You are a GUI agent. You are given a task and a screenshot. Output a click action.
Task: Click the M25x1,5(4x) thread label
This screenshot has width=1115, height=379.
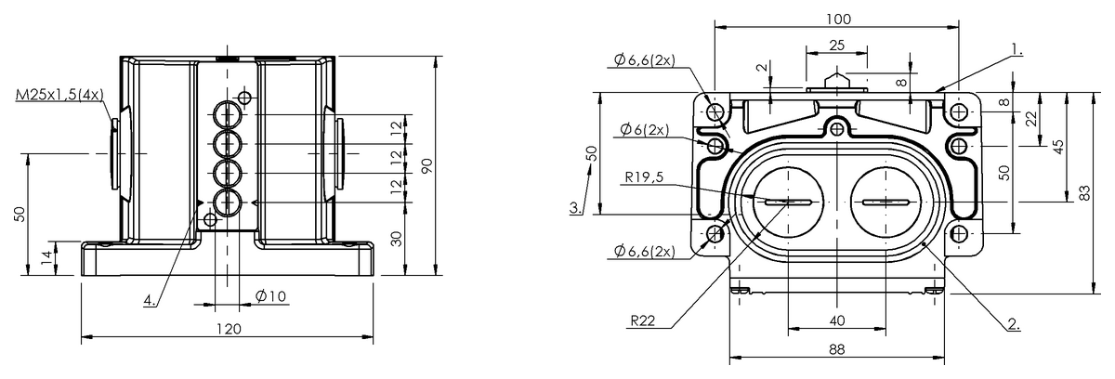(59, 94)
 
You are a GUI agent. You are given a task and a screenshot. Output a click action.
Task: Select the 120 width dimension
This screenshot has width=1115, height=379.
(229, 329)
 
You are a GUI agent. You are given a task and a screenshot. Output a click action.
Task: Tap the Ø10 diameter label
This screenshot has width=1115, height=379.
(270, 296)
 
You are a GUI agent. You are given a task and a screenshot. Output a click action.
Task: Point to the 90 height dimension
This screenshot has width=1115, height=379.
(427, 165)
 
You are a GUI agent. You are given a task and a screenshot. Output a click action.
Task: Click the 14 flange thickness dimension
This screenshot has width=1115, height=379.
(46, 257)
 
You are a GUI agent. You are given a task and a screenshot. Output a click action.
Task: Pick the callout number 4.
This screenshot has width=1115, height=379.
(150, 300)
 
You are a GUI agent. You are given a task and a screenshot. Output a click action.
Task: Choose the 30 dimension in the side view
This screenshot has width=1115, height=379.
(396, 240)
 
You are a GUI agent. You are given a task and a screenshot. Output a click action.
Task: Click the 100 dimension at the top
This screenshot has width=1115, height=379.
(839, 20)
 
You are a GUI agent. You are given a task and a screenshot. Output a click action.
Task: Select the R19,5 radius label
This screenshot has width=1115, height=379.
(644, 177)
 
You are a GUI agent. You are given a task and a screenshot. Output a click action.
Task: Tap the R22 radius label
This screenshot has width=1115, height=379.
(643, 320)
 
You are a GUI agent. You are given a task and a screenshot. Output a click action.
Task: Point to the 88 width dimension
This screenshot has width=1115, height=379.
(837, 349)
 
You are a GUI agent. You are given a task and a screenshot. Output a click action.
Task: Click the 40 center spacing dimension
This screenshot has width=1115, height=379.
(837, 320)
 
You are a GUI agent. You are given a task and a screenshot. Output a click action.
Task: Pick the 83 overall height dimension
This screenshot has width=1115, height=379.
(1085, 193)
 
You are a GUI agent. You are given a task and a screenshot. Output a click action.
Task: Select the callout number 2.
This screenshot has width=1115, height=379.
(1014, 324)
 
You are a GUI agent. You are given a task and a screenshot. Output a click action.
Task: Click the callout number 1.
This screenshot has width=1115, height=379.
(1017, 50)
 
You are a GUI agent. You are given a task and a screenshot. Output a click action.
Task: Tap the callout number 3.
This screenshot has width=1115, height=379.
(576, 207)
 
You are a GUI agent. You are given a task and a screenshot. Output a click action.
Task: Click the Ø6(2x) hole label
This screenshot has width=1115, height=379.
(645, 130)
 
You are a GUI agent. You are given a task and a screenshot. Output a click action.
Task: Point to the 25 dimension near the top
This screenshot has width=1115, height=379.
(837, 46)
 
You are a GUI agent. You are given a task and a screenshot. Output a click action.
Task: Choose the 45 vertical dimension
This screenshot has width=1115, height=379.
(1058, 147)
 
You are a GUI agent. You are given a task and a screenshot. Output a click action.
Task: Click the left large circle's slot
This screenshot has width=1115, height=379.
(789, 202)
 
